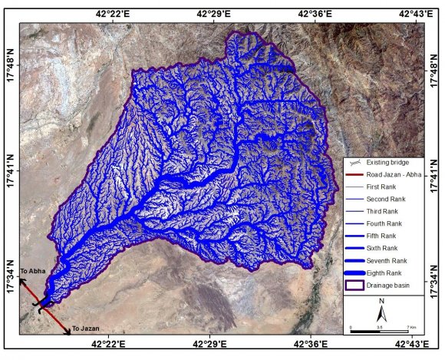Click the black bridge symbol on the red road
pos(41,305)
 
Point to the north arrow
pos(381,312)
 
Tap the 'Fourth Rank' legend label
pos(383,223)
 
